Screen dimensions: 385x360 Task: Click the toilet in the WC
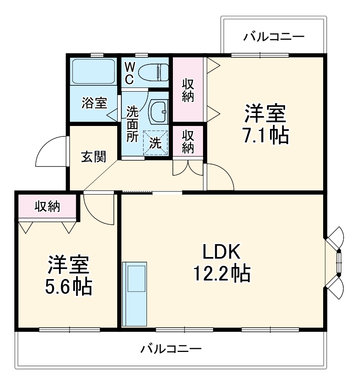[153, 72]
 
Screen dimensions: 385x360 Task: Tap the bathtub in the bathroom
[93, 71]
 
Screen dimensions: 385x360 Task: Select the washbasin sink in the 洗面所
[158, 111]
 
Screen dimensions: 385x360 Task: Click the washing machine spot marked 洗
[155, 143]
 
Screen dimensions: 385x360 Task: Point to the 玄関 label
[93, 157]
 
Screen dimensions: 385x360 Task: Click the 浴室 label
[94, 103]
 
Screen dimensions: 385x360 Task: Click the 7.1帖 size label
[266, 135]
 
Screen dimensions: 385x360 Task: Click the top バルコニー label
[274, 37]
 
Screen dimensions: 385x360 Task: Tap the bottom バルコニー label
[171, 348]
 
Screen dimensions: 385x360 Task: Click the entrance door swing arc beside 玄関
[50, 151]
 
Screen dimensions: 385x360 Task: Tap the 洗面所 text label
[133, 125]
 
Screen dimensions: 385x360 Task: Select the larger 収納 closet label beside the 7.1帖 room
[188, 90]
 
